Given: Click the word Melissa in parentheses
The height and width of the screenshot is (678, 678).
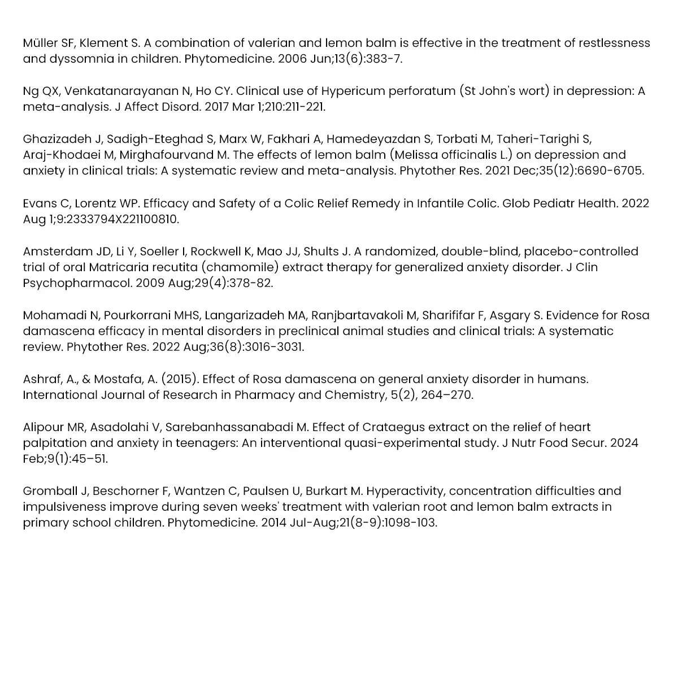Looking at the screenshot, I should click(412, 155).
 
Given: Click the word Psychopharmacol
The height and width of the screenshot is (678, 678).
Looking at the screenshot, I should click(77, 282).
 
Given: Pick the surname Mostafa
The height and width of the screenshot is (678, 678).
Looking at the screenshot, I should click(118, 379).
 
